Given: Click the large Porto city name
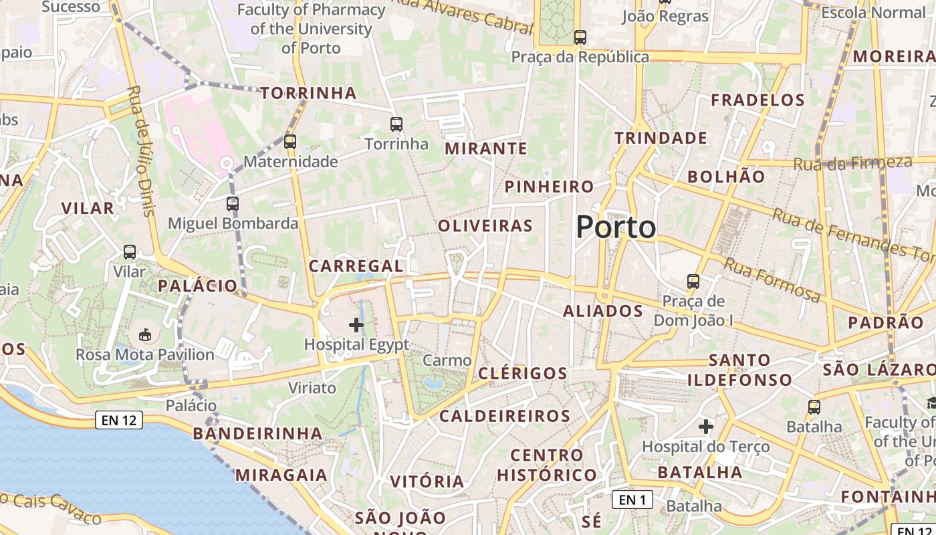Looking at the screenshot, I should [x=616, y=227].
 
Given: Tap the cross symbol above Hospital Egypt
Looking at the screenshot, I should [x=356, y=325].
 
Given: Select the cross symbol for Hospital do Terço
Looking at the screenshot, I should [x=706, y=426].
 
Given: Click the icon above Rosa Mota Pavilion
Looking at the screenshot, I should [x=144, y=334].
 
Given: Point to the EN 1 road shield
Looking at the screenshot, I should [x=632, y=499].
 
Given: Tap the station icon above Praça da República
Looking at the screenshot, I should [x=580, y=37].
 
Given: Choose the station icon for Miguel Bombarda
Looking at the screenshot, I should [x=233, y=204].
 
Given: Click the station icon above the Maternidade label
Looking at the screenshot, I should [x=289, y=142].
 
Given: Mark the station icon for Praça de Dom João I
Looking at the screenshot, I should [x=693, y=282].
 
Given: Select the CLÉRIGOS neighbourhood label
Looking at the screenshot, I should [x=523, y=373].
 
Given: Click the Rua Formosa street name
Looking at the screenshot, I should [x=772, y=280].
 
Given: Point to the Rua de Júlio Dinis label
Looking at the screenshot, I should [x=140, y=150].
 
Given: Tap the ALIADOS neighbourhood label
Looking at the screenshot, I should [x=602, y=311].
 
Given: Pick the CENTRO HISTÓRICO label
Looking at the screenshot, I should [x=546, y=465].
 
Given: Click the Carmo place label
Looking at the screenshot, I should [x=447, y=360].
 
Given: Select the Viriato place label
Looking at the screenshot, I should [x=312, y=388].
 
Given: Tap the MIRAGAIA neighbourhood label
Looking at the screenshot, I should [x=281, y=475].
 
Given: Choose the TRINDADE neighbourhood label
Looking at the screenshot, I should [x=661, y=138].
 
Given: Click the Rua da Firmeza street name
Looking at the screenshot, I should [x=852, y=163].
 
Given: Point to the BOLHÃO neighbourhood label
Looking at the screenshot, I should [x=726, y=177].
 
